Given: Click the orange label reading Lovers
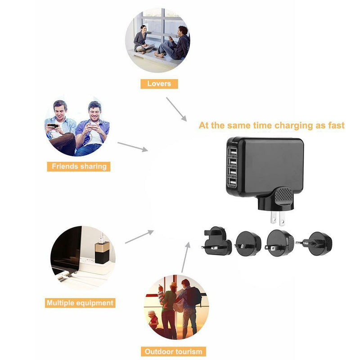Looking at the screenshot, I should [x=159, y=83].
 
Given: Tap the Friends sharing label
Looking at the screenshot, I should [x=79, y=166].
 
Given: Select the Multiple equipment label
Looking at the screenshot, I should [x=80, y=303].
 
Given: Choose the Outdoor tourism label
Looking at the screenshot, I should [x=173, y=351].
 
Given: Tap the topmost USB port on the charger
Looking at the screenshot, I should [x=233, y=151].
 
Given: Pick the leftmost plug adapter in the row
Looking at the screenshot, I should [x=217, y=241].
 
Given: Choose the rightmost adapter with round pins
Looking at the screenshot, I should [x=319, y=243].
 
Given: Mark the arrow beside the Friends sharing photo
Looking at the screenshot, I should [x=132, y=147].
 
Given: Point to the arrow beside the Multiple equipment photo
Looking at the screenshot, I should [x=139, y=237].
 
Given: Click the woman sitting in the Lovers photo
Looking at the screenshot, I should [x=142, y=38].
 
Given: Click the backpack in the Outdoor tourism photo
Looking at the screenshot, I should [x=194, y=297].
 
